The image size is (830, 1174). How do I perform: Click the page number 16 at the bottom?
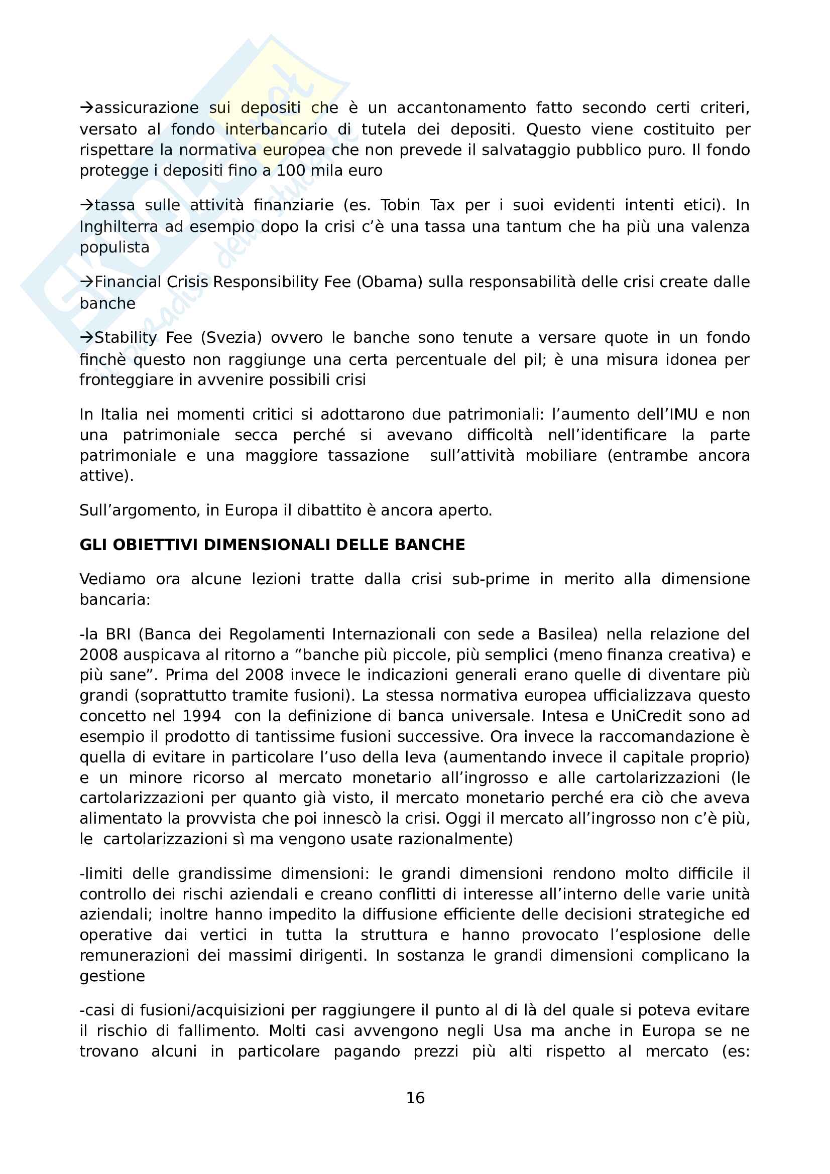tap(415, 1097)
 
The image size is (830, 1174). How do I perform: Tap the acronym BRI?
tap(118, 634)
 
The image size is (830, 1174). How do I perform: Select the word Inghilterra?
tap(118, 226)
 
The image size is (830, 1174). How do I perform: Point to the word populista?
tap(114, 247)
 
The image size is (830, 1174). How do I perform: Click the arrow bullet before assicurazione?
tap(86, 107)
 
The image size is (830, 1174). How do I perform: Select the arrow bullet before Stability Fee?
tap(86, 337)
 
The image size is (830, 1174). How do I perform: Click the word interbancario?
tap(276, 129)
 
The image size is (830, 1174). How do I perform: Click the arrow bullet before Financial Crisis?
tap(86, 282)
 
